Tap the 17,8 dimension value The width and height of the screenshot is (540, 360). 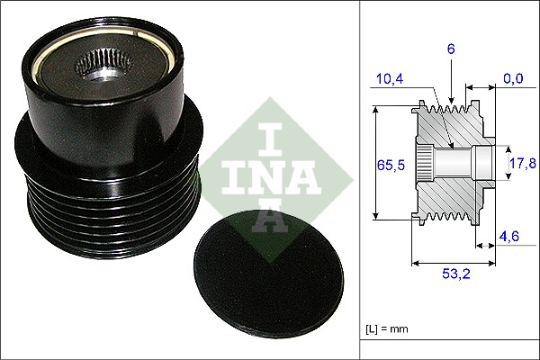point(522,163)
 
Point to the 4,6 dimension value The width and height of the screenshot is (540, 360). point(510,238)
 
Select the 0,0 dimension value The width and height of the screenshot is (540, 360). point(513,80)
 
